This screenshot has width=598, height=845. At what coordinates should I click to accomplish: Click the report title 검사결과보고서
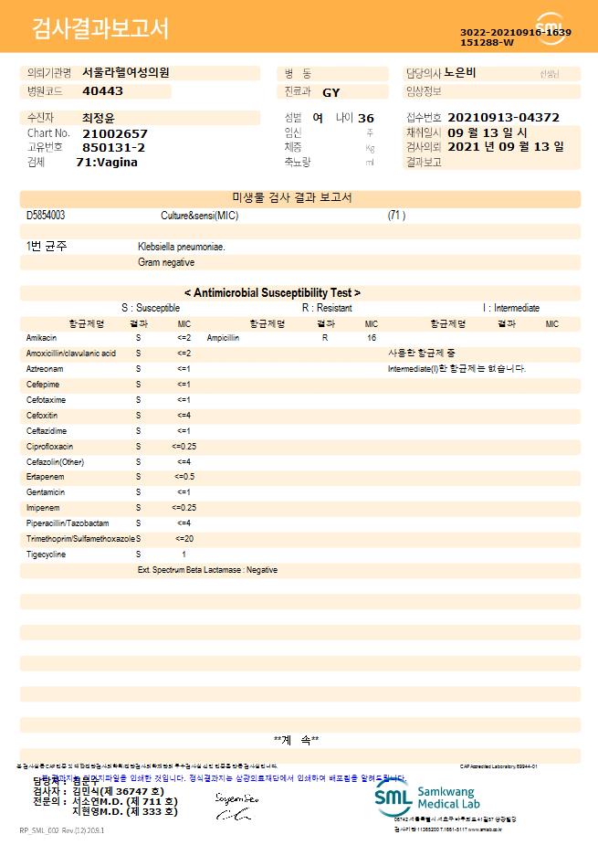(x=100, y=29)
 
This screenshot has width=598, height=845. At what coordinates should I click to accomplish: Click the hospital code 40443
(x=102, y=91)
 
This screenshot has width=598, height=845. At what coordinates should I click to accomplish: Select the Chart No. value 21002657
(x=114, y=133)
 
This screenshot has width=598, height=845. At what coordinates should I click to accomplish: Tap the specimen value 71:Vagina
(x=107, y=162)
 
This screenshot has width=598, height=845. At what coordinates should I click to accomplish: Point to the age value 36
(x=366, y=118)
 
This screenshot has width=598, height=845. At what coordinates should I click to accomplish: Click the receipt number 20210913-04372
(x=503, y=118)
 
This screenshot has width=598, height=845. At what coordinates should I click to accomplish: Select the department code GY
(x=331, y=92)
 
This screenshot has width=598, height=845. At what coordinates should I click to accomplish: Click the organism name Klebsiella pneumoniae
(x=182, y=247)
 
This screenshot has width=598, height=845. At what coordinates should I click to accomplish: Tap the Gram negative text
(x=166, y=262)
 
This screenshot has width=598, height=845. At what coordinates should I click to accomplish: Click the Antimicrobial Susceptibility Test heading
(x=272, y=293)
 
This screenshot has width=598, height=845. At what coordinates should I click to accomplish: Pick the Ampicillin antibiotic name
(x=224, y=338)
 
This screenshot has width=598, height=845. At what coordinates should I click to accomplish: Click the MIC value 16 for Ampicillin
(x=372, y=338)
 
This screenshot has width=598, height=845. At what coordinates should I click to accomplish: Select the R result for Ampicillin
(x=325, y=338)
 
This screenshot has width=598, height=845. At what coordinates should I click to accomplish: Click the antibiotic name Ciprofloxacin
(x=50, y=447)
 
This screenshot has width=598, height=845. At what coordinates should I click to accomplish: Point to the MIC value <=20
(x=184, y=539)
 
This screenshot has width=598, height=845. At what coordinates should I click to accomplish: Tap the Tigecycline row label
(x=47, y=555)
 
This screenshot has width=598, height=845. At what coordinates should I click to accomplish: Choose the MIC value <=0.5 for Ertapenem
(x=184, y=477)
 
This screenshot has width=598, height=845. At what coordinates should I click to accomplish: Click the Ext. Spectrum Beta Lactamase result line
(x=207, y=570)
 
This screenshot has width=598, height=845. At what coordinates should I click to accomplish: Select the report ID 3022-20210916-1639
(x=516, y=32)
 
